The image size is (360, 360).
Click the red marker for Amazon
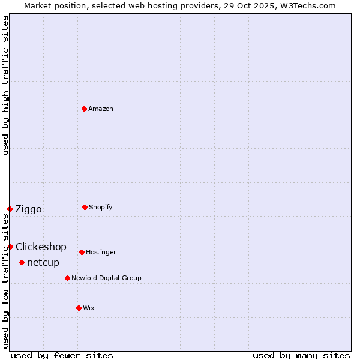85,109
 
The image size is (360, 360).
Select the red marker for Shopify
85,207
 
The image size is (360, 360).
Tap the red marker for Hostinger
82,252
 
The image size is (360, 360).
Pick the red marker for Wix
79,308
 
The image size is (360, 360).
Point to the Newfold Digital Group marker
67,278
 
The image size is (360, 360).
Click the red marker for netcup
22,262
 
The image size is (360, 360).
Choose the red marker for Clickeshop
10,247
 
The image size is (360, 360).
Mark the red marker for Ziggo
10,209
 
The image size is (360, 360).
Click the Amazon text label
101,109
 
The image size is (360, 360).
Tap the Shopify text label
101,208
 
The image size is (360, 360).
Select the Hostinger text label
101,253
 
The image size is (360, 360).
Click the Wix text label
89,308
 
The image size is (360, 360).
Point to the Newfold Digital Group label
106,278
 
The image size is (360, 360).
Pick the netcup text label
43,263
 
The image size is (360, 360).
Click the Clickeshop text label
41,247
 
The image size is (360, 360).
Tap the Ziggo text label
28,209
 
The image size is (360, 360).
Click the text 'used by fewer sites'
62,356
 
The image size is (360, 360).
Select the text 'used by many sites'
301,356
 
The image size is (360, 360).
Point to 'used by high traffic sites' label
5,85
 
